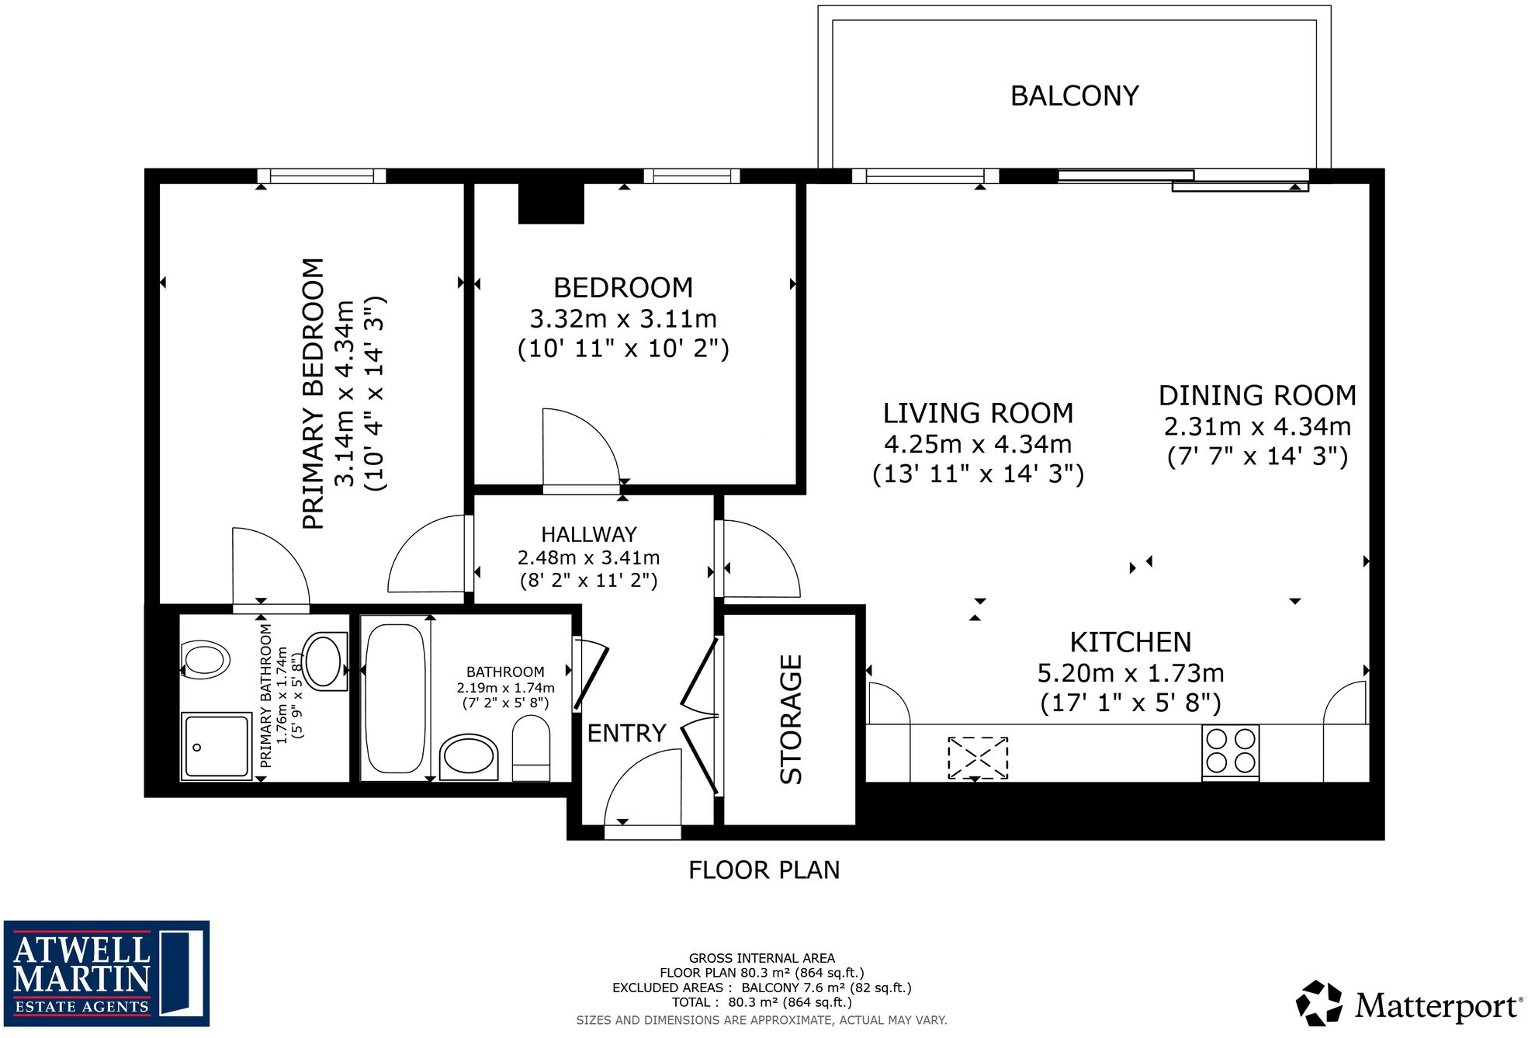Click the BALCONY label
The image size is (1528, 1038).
click(x=1074, y=96)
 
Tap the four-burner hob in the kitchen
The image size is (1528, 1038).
click(x=1230, y=751)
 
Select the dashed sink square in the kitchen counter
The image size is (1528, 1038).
click(x=978, y=758)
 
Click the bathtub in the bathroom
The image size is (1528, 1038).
click(x=396, y=698)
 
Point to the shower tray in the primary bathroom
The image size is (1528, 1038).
click(x=217, y=746)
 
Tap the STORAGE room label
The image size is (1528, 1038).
click(x=791, y=719)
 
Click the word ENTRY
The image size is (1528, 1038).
click(x=626, y=733)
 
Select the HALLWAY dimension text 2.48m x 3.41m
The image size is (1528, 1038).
click(x=588, y=557)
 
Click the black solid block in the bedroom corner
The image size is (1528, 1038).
click(x=551, y=203)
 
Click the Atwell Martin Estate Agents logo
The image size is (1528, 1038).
click(x=106, y=974)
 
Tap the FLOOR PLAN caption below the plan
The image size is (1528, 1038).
click(x=764, y=870)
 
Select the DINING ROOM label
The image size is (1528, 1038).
click(x=1257, y=396)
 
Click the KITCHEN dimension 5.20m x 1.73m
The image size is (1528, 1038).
click(x=1130, y=672)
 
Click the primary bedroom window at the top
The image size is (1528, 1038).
click(x=322, y=176)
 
